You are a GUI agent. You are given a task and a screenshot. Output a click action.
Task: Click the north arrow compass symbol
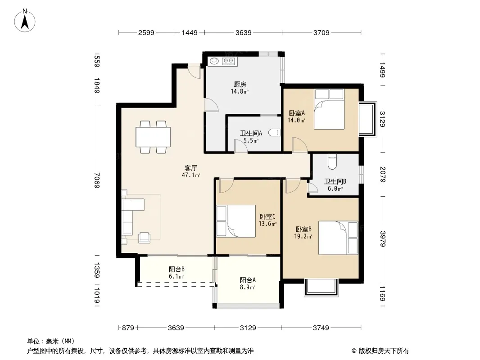point(25,21)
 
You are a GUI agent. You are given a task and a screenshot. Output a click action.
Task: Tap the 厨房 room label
point(240,84)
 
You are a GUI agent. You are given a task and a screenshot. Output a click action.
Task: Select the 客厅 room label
point(191,168)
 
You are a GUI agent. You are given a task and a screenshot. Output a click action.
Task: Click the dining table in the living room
point(153,137)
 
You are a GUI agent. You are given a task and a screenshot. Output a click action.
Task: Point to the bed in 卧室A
point(329,109)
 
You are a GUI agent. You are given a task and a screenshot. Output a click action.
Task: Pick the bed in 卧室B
point(338,238)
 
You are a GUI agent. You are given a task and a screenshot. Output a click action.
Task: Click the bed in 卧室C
point(235,221)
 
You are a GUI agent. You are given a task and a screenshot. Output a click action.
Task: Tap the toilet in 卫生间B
point(332,162)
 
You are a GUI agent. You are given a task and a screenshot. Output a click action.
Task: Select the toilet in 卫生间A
point(275,133)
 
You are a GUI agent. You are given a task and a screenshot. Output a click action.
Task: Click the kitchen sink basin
point(214,61)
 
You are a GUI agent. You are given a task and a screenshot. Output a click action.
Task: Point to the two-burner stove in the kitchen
point(229,62)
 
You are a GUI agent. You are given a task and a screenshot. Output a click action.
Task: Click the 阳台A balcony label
point(248,280)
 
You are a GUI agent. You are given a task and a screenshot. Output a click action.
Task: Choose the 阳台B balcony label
point(177,269)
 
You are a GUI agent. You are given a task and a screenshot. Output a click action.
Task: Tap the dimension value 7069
point(97,180)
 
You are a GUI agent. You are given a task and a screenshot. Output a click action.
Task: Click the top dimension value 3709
point(322,32)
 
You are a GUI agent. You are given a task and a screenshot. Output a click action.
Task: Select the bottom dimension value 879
point(128,328)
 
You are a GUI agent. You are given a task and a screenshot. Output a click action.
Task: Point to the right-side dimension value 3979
point(383,238)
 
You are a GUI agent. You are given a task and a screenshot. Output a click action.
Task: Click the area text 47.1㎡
point(191,175)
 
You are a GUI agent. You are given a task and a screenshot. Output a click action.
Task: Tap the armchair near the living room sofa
point(144,238)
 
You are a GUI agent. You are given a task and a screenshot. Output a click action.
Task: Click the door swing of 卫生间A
point(241,146)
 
